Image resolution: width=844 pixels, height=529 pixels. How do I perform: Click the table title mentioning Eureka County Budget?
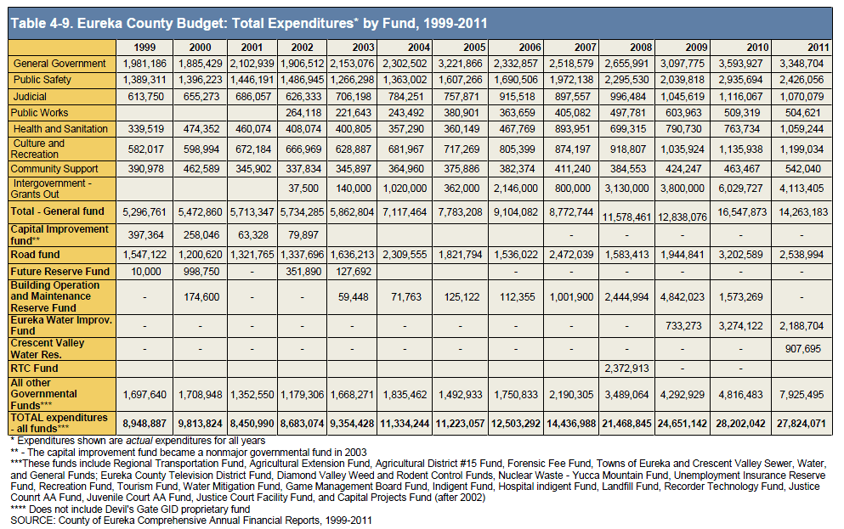249,24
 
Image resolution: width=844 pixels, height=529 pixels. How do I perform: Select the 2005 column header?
474,48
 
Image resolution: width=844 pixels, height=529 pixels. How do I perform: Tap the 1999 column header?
144,48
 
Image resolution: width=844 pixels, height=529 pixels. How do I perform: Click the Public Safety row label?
42,80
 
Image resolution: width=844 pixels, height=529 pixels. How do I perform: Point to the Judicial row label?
30,97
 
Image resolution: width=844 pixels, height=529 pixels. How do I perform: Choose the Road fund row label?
36,255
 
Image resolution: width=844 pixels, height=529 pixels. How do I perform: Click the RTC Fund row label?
35,369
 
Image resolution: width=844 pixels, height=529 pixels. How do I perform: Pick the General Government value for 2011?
802,64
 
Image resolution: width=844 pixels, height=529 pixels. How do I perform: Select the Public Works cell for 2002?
303,113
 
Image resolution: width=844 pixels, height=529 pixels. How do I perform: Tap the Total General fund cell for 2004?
405,211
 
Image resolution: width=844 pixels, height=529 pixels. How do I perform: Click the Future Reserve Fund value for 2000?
201,272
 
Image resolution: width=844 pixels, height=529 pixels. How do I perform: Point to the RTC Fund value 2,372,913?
627,369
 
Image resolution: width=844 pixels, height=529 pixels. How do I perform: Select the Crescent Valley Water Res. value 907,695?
803,349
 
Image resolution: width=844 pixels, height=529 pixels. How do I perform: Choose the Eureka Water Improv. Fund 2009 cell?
683,326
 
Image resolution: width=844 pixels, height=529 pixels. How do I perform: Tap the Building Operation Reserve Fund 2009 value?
683,296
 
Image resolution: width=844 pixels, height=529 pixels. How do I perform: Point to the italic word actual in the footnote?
139,441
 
